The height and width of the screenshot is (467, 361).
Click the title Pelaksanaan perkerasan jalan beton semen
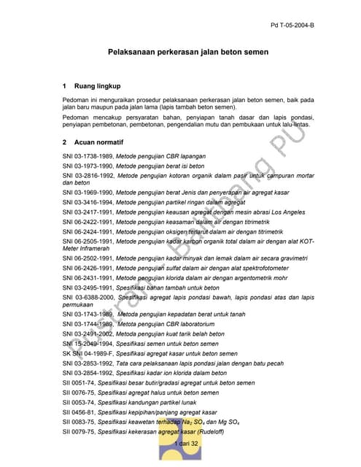coord(188,53)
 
